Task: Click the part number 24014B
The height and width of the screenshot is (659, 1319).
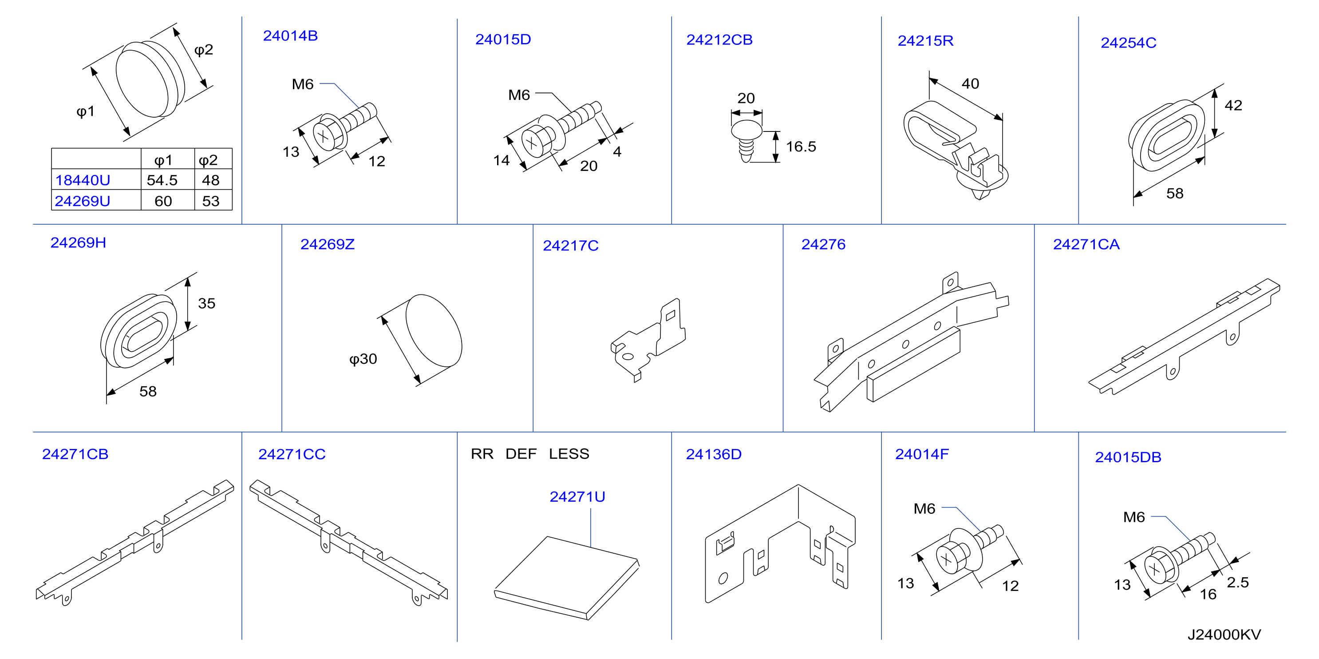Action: tap(290, 36)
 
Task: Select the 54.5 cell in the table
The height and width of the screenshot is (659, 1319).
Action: tap(162, 180)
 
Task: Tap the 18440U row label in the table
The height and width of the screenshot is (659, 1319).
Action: tap(83, 180)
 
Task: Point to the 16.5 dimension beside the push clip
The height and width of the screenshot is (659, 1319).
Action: tap(801, 147)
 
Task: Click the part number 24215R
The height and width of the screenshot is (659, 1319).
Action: tap(925, 41)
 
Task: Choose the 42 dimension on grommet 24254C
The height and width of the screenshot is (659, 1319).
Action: tap(1233, 106)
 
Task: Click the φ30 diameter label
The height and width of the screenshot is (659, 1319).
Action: tap(363, 359)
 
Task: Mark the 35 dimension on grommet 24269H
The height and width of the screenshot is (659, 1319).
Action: tap(206, 303)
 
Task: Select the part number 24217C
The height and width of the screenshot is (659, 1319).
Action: tap(570, 246)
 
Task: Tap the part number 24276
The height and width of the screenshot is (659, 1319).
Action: tap(823, 244)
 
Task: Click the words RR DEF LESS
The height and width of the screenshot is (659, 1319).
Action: tap(530, 454)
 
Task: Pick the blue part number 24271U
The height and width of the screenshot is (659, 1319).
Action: tap(577, 497)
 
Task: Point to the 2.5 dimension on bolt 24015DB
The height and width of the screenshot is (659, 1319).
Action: tap(1238, 583)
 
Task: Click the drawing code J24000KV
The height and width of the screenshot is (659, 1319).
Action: tap(1224, 635)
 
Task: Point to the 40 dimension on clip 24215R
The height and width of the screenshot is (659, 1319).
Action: tap(970, 84)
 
